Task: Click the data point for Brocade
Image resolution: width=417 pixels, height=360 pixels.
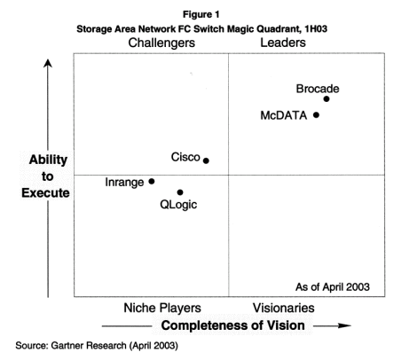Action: (x=327, y=99)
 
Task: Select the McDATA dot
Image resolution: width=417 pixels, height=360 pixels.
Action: (x=316, y=115)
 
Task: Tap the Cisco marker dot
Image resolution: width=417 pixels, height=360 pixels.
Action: (x=206, y=160)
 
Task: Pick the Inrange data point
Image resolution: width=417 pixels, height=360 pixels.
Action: (x=152, y=181)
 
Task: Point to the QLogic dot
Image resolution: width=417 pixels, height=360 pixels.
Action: (x=180, y=192)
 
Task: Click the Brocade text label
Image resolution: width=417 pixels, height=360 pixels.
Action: (x=318, y=89)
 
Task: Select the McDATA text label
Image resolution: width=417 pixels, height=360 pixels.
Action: (x=284, y=115)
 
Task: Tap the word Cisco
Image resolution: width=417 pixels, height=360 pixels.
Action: (x=185, y=157)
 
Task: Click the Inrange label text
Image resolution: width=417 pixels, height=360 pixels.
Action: (x=124, y=183)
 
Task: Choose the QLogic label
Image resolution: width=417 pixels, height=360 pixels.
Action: (x=178, y=205)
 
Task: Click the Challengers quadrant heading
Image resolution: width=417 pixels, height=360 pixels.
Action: (x=161, y=43)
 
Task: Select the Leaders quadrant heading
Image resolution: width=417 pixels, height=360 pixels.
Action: (x=283, y=43)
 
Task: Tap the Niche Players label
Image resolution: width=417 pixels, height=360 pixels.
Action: (x=162, y=308)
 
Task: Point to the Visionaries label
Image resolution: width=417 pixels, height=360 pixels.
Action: (x=284, y=308)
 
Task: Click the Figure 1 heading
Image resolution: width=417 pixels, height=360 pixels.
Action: (x=201, y=14)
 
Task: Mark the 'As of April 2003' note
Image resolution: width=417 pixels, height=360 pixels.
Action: (x=333, y=287)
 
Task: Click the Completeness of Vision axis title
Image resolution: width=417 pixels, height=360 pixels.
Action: (x=233, y=325)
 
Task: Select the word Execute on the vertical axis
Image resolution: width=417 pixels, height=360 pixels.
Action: (x=45, y=192)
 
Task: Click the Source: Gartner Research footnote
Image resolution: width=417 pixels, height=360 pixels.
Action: (x=97, y=346)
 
